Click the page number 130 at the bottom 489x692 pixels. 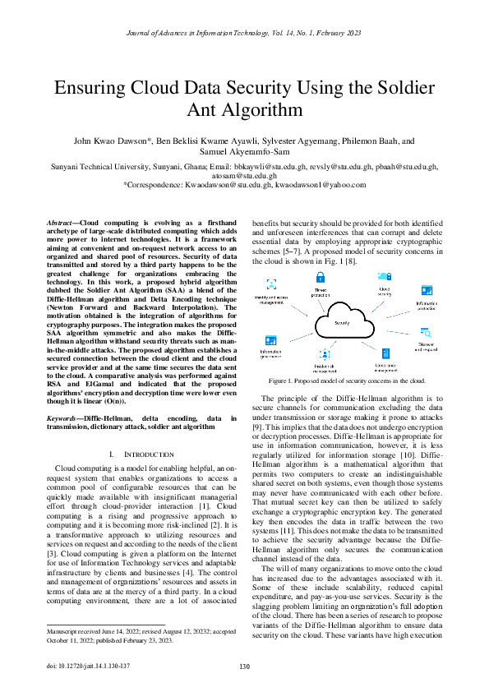(x=244, y=667)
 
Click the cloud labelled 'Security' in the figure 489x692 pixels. (x=342, y=323)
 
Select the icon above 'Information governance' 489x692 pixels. (x=268, y=339)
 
